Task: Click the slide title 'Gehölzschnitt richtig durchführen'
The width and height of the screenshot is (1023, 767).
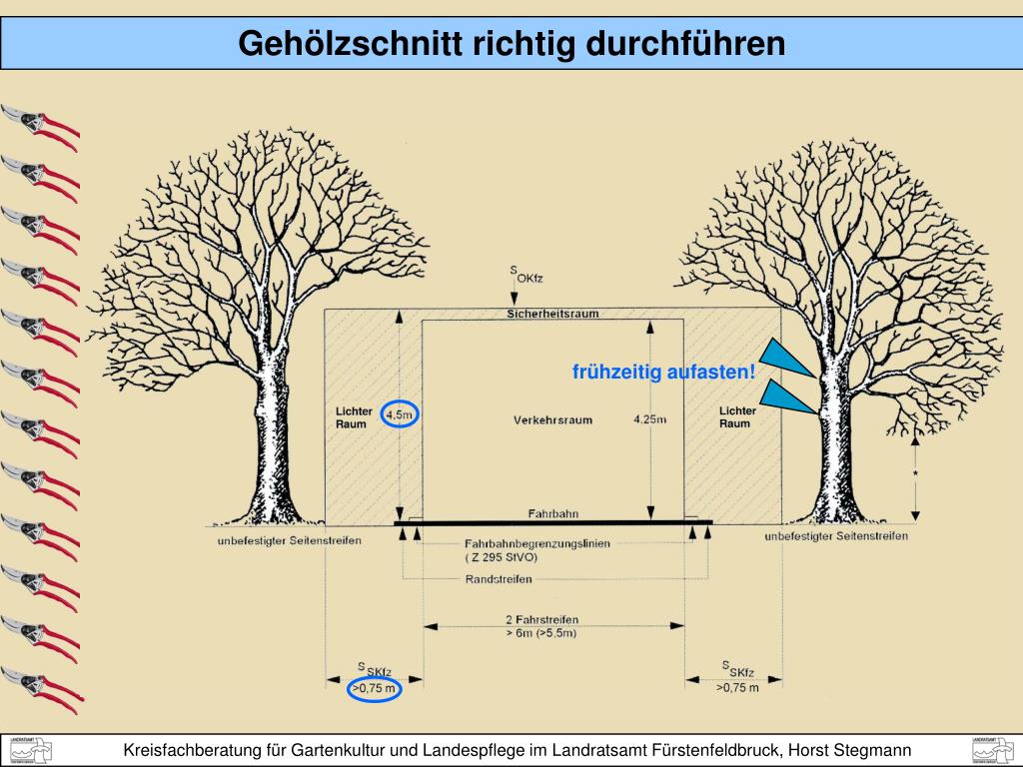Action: click(x=511, y=44)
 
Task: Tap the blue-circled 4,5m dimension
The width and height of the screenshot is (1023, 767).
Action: click(x=400, y=413)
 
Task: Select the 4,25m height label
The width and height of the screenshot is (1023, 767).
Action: click(x=649, y=419)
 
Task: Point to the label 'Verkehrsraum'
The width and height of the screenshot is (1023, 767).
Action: click(x=552, y=419)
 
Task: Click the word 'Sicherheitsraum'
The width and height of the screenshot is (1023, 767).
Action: click(x=552, y=314)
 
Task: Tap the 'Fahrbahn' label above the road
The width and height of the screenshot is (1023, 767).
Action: click(x=552, y=514)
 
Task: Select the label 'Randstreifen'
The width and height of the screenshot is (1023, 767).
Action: click(x=499, y=579)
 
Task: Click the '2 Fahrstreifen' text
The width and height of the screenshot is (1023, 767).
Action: click(x=541, y=619)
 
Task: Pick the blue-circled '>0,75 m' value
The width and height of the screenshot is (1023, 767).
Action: click(x=374, y=688)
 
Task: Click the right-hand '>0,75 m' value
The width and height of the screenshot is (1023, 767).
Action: click(x=737, y=688)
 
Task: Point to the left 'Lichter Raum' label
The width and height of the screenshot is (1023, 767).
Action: click(x=354, y=417)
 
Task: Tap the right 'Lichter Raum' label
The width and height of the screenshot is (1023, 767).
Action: click(x=737, y=417)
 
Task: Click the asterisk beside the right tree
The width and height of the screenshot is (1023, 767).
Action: click(x=914, y=474)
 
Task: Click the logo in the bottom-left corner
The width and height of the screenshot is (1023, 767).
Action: click(x=30, y=750)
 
